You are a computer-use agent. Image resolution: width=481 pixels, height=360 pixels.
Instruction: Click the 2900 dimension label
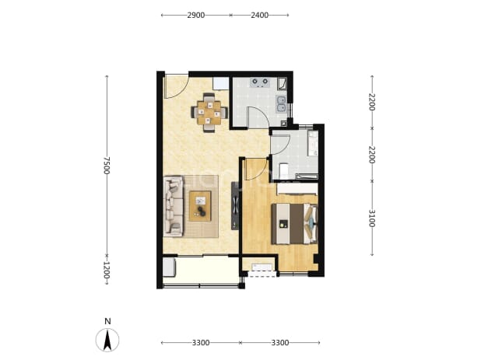[x=195, y=15]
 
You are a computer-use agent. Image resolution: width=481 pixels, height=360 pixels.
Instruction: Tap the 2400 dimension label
[x=259, y=15]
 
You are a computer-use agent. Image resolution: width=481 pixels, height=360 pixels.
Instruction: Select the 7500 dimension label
[x=106, y=166]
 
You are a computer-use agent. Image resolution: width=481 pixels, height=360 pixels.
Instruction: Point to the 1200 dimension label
[x=106, y=270]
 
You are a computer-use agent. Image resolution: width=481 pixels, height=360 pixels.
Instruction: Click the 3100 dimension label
[x=372, y=218]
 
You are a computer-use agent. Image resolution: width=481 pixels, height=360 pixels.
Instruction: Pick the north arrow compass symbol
[x=107, y=340]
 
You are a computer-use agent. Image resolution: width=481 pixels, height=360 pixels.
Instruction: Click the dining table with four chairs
[x=209, y=113]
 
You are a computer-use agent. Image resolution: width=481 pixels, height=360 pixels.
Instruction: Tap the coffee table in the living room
[x=200, y=206]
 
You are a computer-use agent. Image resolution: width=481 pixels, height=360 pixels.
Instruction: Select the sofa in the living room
[x=174, y=206]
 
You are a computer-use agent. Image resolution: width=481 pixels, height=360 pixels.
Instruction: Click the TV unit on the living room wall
[x=235, y=205]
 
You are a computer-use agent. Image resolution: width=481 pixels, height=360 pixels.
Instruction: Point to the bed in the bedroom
[x=294, y=224]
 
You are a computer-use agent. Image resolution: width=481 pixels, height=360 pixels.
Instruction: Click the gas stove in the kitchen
[x=260, y=82]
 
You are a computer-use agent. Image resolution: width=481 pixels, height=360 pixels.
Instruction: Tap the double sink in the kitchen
[x=282, y=104]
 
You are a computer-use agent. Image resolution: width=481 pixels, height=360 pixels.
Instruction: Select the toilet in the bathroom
[x=284, y=171]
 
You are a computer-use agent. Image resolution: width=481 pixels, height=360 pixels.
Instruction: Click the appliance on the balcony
[x=169, y=267]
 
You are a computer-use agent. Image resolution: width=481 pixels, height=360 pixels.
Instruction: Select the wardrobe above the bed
[x=297, y=189]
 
